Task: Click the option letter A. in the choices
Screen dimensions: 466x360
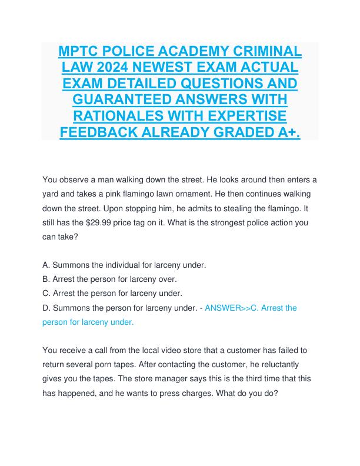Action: [x=48, y=265]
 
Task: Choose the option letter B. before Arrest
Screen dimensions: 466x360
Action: [x=48, y=279]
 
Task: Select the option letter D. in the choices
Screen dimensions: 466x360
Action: [x=48, y=308]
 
